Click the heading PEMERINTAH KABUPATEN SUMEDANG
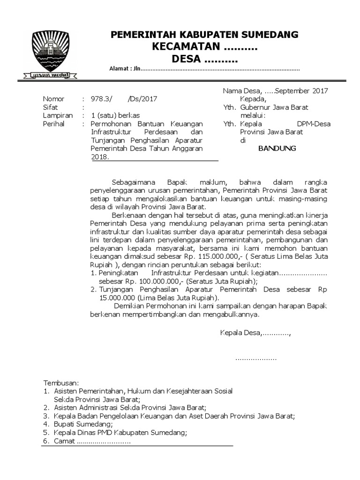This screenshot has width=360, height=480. pyautogui.click(x=204, y=35)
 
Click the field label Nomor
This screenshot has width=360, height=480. pyautogui.click(x=53, y=99)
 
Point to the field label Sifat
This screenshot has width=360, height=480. pyautogui.click(x=50, y=107)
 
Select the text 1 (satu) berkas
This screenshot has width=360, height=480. pyautogui.click(x=115, y=115)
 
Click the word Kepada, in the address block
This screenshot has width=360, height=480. pyautogui.click(x=253, y=99)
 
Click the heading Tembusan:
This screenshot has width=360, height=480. pyautogui.click(x=61, y=382)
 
